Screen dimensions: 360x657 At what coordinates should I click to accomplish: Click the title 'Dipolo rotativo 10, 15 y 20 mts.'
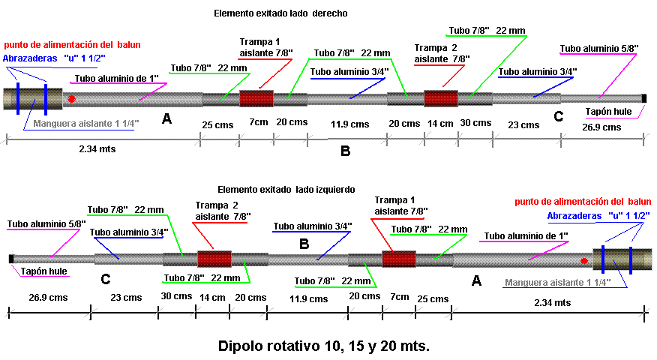tap(324, 346)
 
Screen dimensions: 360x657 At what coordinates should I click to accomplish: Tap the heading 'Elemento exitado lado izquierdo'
tap(286, 190)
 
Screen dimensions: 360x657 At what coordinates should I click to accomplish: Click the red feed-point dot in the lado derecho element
tap(71, 99)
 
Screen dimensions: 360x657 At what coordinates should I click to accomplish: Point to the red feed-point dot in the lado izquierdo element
tap(583, 260)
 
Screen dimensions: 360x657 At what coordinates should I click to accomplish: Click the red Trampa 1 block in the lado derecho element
tap(256, 99)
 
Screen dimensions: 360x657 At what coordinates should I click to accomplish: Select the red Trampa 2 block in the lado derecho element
tap(440, 98)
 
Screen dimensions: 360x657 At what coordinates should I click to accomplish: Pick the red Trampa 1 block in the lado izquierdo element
tap(399, 259)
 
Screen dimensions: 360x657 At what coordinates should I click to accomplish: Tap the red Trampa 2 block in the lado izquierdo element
tap(214, 259)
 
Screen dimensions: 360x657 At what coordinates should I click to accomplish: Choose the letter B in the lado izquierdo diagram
tap(304, 244)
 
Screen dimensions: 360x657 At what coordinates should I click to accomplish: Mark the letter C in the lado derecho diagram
tap(558, 116)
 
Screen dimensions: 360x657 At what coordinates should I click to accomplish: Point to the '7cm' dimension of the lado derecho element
tap(257, 122)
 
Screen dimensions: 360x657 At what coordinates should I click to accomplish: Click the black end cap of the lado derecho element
tap(643, 98)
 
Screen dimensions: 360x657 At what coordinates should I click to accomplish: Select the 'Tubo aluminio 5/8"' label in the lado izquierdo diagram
tap(46, 223)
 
